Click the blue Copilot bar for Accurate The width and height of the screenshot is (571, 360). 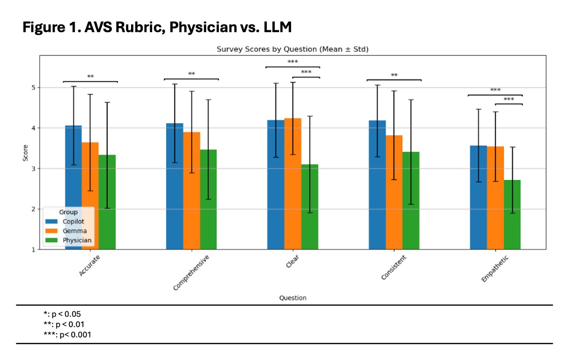(73, 187)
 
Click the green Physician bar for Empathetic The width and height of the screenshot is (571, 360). (512, 215)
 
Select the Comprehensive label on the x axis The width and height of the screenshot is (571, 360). (191, 273)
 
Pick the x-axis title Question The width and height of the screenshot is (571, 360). (292, 298)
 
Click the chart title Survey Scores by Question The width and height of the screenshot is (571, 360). (292, 49)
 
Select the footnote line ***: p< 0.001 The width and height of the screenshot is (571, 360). (67, 334)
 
